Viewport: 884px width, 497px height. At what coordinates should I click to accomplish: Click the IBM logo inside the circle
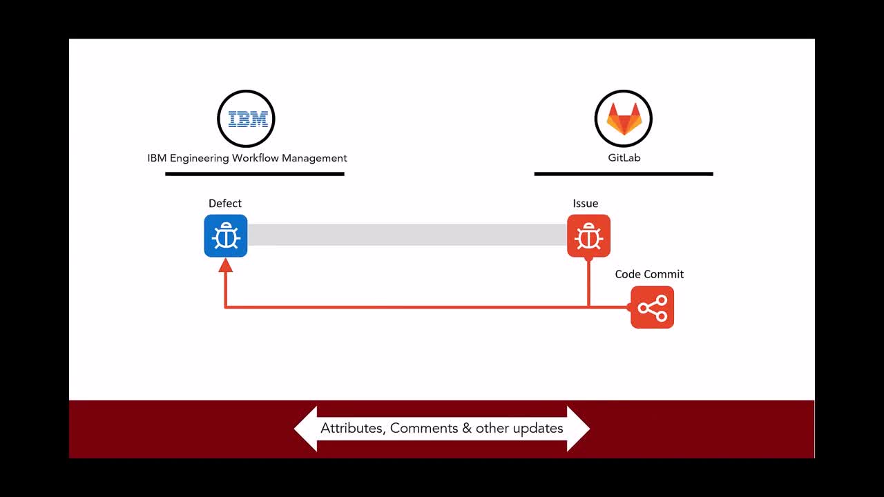[248, 119]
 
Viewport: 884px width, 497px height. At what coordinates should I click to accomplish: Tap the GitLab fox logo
[624, 119]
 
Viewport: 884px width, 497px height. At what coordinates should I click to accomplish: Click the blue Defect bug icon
[226, 236]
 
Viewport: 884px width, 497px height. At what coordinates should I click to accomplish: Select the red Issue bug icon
[588, 236]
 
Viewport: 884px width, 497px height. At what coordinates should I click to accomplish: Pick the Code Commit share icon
[653, 307]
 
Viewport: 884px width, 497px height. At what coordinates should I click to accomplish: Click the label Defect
[225, 204]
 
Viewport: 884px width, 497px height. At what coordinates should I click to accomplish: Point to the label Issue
[585, 204]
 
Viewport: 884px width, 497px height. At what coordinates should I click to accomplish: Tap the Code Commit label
[649, 274]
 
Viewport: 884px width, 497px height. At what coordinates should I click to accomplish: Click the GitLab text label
[624, 158]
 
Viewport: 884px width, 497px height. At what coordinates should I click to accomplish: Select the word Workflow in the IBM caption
[256, 158]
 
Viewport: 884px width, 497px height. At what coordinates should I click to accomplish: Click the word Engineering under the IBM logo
[200, 159]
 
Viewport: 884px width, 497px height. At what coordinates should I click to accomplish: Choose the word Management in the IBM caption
[314, 159]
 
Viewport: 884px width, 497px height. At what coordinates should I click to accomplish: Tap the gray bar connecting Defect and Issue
[407, 235]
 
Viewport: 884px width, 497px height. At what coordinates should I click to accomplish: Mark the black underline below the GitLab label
[624, 174]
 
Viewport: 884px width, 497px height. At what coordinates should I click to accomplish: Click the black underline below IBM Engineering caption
[255, 174]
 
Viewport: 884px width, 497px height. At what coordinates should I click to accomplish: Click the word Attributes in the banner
[353, 429]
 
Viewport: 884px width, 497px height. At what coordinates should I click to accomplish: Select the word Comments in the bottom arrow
[424, 429]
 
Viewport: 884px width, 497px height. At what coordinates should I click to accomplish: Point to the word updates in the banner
[538, 429]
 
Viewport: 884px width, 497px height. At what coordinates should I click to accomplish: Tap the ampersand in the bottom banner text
[467, 429]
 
